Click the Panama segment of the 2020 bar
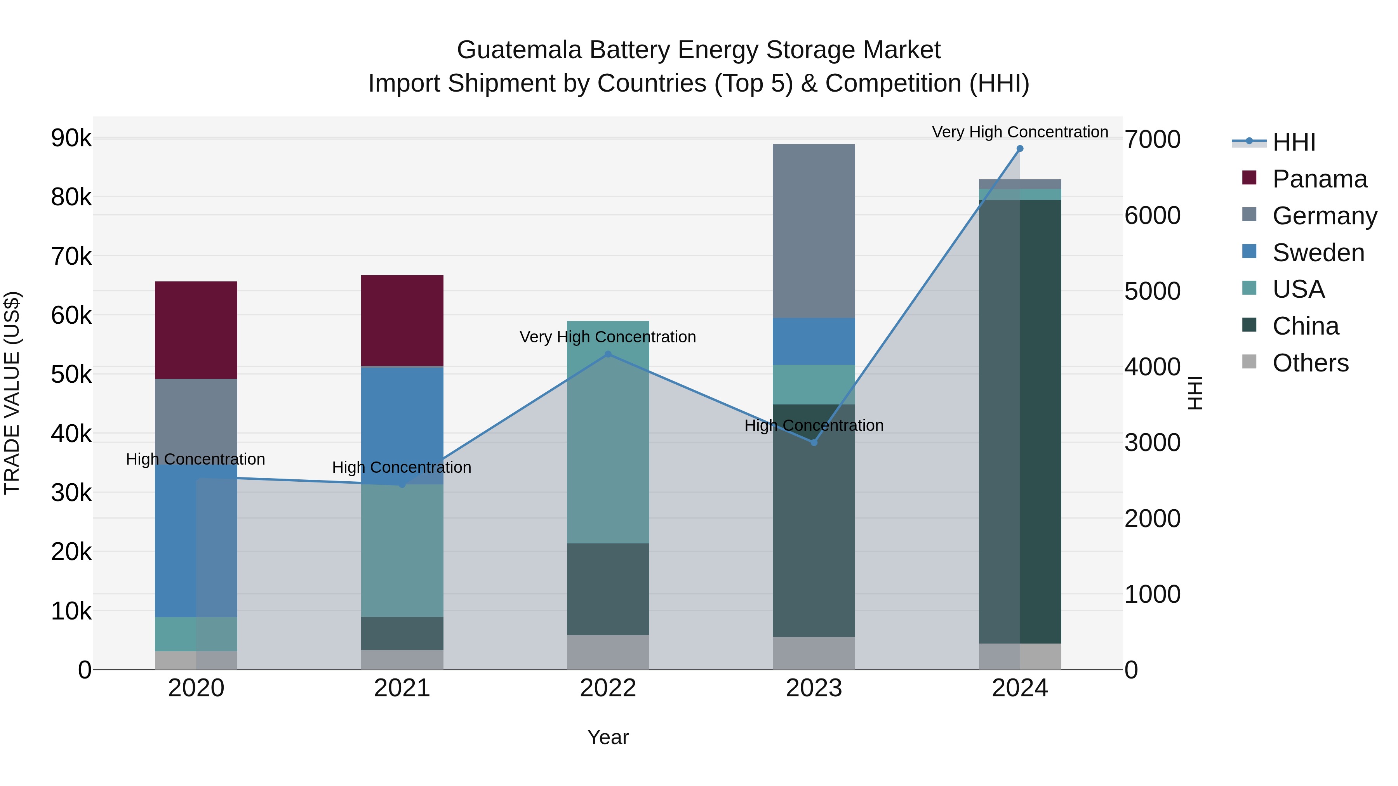tap(196, 330)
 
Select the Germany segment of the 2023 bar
tap(814, 231)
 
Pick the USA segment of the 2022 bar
tap(608, 432)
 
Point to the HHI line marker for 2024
tap(1020, 149)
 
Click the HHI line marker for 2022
tap(608, 354)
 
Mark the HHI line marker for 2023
tap(814, 442)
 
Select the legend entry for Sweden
tap(1318, 253)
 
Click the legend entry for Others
tap(1310, 363)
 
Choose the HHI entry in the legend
tap(1294, 142)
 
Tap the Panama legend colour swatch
tap(1249, 178)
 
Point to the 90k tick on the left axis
tap(71, 138)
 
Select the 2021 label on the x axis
tap(402, 688)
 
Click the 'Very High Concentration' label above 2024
tap(1020, 132)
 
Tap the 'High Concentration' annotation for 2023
tap(814, 425)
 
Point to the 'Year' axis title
tap(608, 737)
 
